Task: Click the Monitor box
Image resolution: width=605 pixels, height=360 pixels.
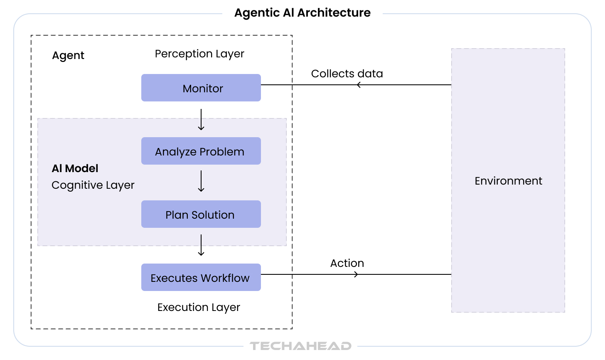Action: pos(201,88)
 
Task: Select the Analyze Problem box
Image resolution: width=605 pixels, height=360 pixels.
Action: pos(201,151)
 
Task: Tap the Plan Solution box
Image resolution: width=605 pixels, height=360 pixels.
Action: pos(201,215)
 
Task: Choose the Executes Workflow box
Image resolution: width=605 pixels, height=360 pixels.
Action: pos(201,278)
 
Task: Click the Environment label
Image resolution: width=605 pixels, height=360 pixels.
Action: pos(508,181)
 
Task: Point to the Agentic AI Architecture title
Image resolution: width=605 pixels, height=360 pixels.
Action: pos(302,13)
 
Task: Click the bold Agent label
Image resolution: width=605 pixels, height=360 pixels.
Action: pos(68,56)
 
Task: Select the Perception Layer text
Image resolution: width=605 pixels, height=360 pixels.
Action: pos(199,54)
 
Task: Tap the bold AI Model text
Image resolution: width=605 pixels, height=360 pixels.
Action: pos(75,168)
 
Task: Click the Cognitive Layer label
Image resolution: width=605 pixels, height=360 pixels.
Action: pos(93,185)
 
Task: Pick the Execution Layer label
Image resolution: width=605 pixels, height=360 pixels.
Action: pos(199,307)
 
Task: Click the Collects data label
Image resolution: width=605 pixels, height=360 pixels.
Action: pos(347,74)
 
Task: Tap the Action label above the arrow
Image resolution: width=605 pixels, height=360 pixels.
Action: pos(347,263)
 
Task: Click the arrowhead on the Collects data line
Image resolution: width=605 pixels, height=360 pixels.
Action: pos(359,85)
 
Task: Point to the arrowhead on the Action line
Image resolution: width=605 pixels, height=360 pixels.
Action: pos(356,274)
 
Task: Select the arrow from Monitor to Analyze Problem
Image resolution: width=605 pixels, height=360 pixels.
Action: pos(201,120)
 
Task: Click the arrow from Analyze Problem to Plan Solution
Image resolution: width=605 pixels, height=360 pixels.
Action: pos(201,181)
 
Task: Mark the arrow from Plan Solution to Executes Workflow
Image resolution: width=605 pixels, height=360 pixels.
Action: pos(201,245)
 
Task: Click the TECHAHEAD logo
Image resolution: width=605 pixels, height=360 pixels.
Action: pos(300,346)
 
